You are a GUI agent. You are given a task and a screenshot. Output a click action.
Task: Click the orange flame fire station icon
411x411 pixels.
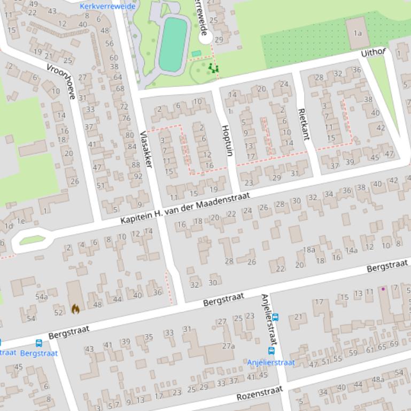tap(75, 309)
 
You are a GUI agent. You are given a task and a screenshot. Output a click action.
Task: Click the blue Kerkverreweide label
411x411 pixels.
tap(107, 6)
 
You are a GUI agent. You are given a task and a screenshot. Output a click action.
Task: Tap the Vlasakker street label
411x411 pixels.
tap(146, 149)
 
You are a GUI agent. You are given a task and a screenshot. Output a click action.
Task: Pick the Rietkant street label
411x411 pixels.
tap(303, 124)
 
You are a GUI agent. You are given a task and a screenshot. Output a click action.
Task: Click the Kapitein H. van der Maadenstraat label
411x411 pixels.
tap(185, 209)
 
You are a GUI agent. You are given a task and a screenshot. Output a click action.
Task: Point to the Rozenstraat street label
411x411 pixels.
tap(259, 394)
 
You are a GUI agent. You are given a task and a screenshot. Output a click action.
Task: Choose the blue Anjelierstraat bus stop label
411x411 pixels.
tap(270, 362)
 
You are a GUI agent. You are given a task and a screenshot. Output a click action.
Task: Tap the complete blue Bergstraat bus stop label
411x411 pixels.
tap(39, 353)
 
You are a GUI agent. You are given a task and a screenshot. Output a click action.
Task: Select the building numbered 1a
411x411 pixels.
tap(357, 33)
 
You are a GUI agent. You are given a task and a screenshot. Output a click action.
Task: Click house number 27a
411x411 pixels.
tap(228, 346)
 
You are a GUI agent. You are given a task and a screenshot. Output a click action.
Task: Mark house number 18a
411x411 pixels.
tap(309, 249)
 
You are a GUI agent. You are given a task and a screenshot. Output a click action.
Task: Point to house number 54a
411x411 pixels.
tap(41, 297)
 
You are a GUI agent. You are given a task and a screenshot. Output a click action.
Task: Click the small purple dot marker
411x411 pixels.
tap(383, 289)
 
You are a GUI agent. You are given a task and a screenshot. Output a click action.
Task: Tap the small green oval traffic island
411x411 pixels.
tap(32, 241)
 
